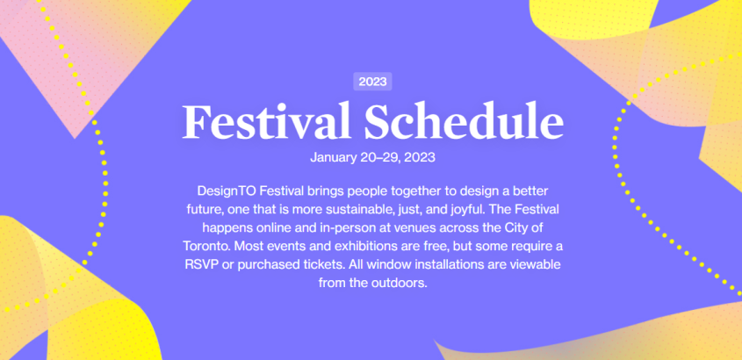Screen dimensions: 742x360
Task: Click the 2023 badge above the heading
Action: point(372,82)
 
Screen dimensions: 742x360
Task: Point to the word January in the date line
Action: point(333,157)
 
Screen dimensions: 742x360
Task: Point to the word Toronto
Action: point(206,246)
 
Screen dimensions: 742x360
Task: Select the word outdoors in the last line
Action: point(403,283)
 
